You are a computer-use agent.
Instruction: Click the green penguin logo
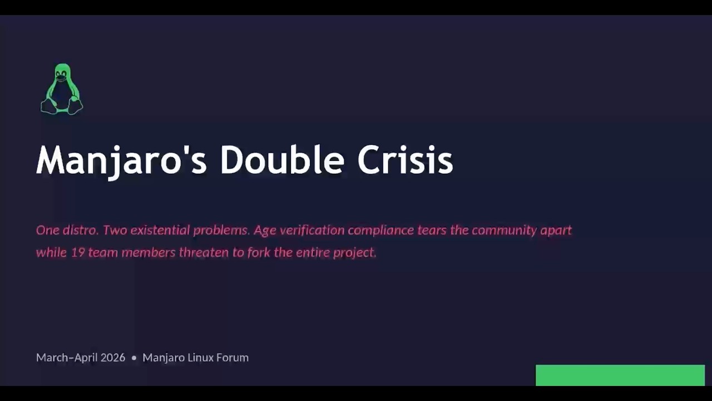62,89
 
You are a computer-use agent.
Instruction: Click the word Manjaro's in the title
121,161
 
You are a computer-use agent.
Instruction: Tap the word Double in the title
282,159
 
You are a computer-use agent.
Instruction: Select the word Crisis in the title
406,159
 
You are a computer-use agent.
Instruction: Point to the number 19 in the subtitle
77,253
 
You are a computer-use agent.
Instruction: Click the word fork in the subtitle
259,252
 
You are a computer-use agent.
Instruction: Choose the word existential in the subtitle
160,230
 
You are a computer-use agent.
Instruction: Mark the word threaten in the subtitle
204,252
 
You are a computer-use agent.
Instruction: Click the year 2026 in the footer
113,358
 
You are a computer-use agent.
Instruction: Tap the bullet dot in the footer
134,358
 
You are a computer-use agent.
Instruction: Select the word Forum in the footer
233,358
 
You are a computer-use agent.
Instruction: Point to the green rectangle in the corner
620,375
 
